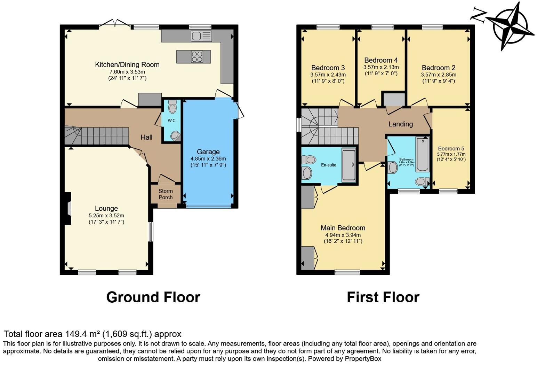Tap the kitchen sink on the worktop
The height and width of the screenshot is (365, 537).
pos(201,36)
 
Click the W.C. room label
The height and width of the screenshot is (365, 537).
pos(172,121)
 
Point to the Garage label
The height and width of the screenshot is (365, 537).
pos(208,152)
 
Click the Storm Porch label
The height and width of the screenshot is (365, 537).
pos(166,194)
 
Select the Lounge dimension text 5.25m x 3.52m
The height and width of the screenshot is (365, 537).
pos(106,216)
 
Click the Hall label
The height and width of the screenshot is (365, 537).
pos(146,137)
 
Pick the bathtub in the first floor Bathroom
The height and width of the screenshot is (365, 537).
pos(423,154)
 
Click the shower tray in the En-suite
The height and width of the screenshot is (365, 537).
pos(348,165)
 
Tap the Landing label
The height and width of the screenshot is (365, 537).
pos(401,124)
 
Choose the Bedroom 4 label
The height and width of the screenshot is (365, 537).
pos(381,60)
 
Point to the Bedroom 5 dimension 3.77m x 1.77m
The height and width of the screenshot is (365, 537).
pos(451,154)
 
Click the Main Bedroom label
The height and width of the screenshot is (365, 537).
pos(343,228)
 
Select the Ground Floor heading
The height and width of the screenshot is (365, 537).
pos(153,297)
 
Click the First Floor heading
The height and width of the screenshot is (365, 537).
pos(383,297)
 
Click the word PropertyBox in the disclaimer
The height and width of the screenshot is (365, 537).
pos(363,358)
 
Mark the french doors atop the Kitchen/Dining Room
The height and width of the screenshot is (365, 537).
pos(115,24)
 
